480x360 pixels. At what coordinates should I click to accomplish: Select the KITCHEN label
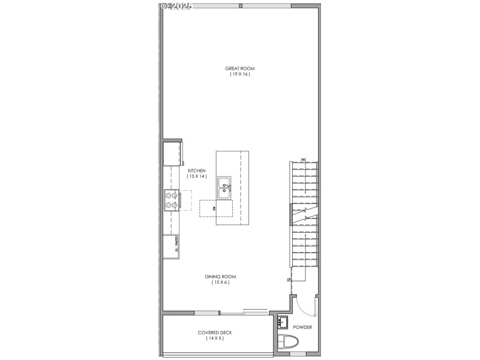tap(196, 170)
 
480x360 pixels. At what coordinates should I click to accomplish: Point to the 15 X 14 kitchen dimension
tap(196, 176)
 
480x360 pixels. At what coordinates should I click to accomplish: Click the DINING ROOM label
tap(220, 277)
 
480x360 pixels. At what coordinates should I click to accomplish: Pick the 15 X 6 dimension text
tap(220, 283)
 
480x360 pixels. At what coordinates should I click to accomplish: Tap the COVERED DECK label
tap(215, 332)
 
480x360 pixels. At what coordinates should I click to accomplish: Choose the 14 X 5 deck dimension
tap(215, 338)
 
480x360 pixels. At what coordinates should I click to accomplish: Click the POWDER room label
tap(302, 328)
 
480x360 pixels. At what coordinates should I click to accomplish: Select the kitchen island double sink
tap(224, 188)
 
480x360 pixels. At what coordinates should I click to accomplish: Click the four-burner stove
tap(171, 200)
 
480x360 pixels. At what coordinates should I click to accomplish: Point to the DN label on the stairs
tap(303, 159)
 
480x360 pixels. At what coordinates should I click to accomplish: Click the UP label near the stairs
tap(289, 280)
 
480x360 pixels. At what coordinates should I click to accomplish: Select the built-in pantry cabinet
tap(172, 246)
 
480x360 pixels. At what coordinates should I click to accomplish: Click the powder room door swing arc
tap(308, 308)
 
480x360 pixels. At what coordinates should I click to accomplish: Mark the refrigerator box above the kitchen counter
tap(172, 154)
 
